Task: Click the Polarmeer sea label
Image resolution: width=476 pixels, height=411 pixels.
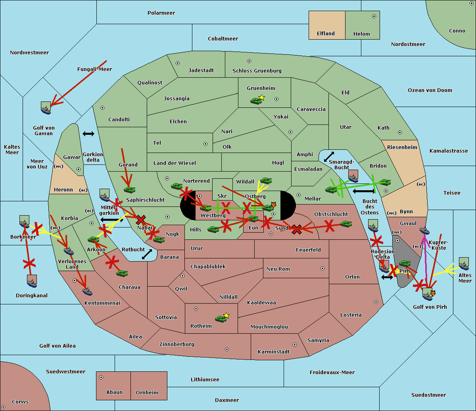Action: tap(161, 13)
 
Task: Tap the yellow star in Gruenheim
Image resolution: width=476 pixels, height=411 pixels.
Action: tap(261, 97)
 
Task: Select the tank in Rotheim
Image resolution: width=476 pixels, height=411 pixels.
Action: tap(221, 318)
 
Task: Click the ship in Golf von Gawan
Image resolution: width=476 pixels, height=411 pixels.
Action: tap(46, 108)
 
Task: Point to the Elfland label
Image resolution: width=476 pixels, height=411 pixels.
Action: tap(326, 34)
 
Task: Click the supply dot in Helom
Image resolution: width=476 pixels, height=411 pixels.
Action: tap(374, 16)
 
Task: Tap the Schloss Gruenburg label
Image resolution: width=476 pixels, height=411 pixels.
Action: tap(257, 71)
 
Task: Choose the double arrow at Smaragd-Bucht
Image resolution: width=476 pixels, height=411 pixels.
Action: tap(329, 157)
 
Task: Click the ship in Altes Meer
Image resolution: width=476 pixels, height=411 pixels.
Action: tap(464, 264)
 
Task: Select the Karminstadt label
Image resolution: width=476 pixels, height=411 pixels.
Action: tap(274, 352)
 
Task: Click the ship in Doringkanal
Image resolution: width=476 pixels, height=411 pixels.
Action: tap(32, 281)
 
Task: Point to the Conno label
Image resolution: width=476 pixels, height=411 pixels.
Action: tap(457, 31)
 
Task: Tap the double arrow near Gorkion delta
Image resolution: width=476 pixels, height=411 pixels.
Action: tap(88, 134)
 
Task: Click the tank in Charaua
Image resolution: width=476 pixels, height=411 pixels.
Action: tap(122, 273)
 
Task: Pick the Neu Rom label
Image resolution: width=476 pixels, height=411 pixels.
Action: tap(278, 269)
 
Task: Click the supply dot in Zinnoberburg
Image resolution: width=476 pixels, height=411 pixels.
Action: tap(227, 349)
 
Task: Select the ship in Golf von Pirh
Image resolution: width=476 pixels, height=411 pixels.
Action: tap(427, 294)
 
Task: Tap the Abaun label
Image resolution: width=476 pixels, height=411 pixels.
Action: tap(114, 392)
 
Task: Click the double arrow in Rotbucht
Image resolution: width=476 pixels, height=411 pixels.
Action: tap(147, 254)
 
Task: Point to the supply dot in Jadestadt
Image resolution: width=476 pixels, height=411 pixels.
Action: tap(178, 63)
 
